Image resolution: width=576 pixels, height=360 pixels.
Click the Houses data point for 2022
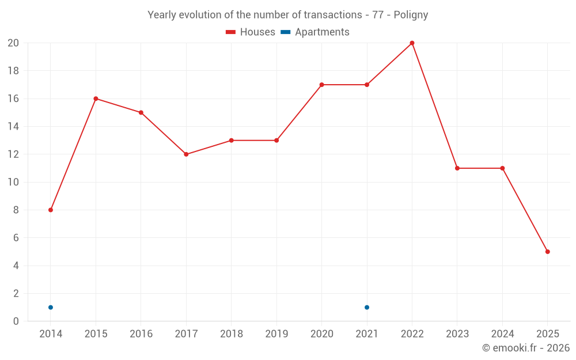[412, 43]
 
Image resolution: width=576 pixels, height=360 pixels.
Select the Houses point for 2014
[51, 210]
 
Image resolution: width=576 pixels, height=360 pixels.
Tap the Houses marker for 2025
[547, 252]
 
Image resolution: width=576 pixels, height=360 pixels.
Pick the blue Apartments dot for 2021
[367, 307]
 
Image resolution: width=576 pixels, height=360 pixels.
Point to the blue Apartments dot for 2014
[51, 307]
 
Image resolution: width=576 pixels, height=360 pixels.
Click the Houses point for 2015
[96, 98]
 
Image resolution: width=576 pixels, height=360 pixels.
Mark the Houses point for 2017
[186, 154]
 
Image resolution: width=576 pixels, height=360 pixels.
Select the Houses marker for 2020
[321, 85]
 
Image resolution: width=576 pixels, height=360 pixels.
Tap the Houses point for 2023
[457, 168]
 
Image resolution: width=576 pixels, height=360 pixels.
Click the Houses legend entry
[250, 32]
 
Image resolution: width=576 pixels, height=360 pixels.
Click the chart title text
[287, 15]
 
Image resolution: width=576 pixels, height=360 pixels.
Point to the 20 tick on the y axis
[13, 43]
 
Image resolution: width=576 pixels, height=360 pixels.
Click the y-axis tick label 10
[13, 182]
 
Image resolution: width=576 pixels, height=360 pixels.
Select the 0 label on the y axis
[16, 321]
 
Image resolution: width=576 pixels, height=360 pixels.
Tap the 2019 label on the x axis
[276, 334]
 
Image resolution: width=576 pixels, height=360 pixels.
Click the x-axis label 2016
[141, 334]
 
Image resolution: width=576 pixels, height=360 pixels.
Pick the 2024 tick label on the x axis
[502, 334]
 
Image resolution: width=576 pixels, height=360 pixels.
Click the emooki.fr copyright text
[525, 348]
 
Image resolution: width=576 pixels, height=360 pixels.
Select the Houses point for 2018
[231, 141]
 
